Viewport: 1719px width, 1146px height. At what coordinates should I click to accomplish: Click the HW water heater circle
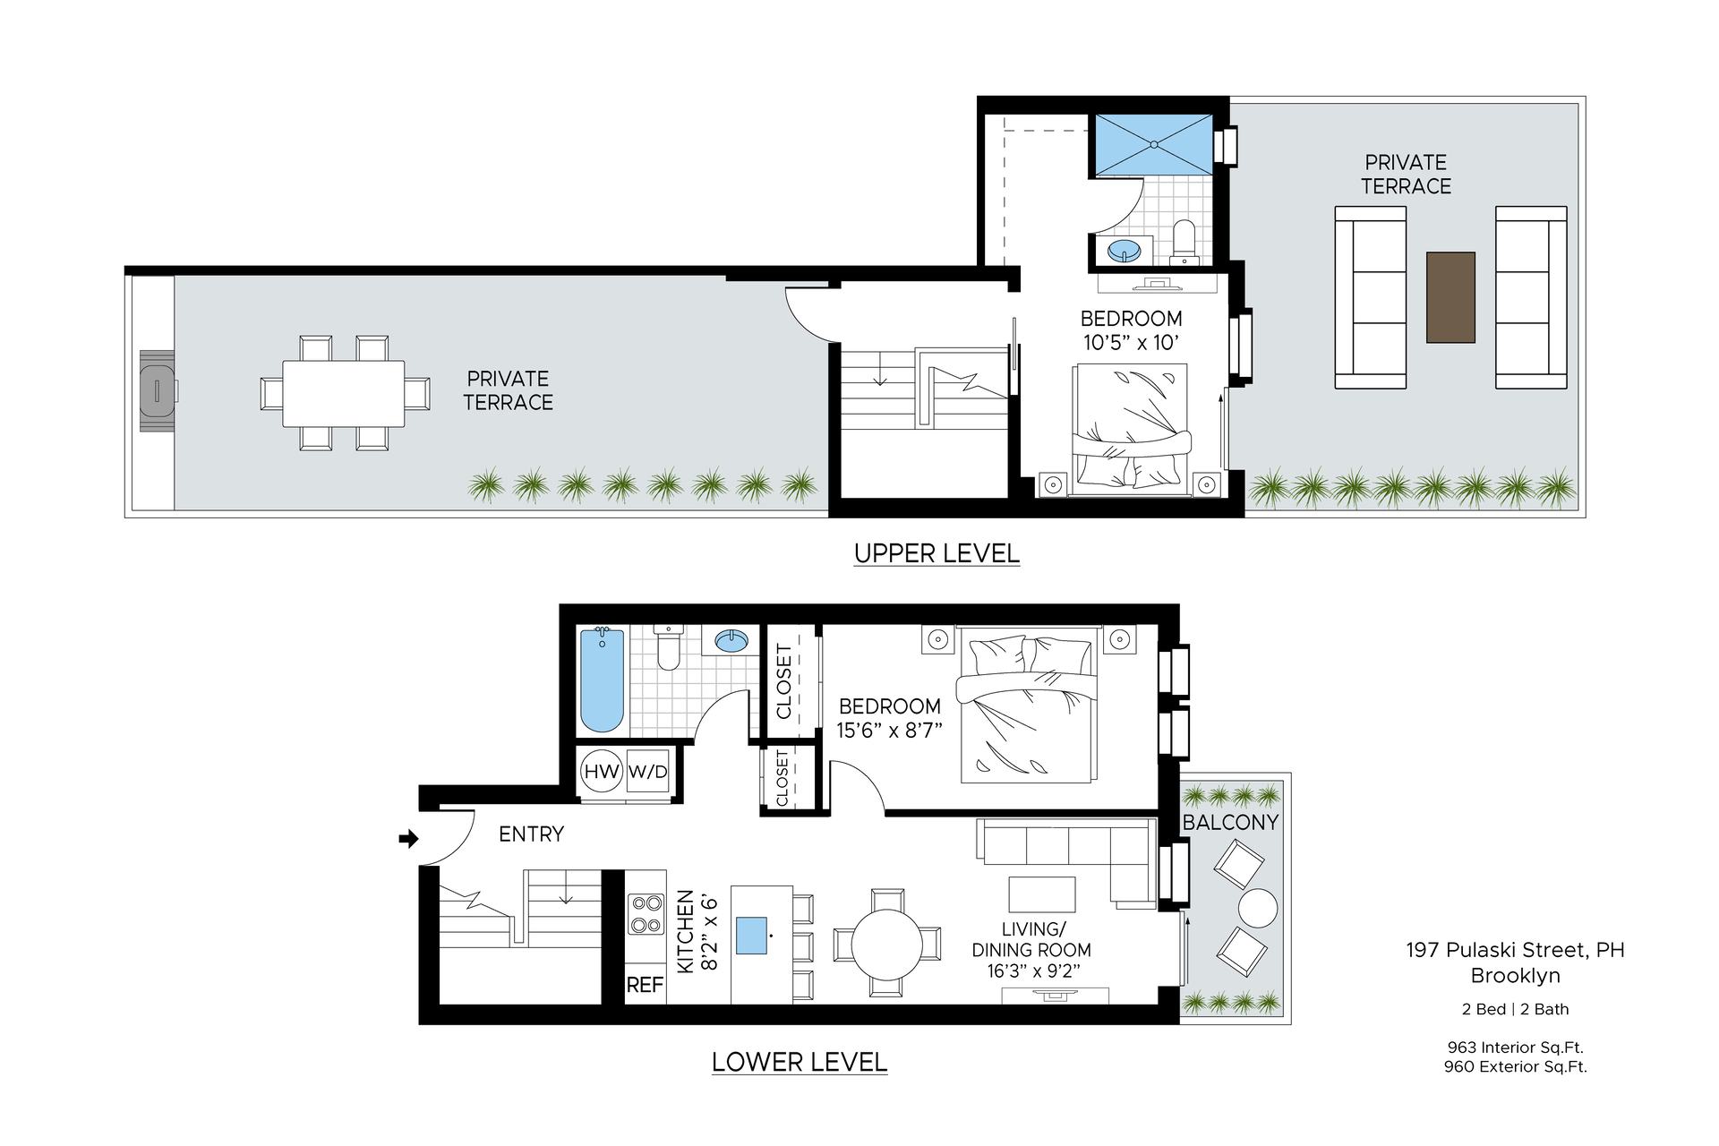click(602, 771)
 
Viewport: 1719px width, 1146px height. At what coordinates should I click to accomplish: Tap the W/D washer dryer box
click(648, 771)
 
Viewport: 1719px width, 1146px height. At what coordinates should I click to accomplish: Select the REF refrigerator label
click(645, 985)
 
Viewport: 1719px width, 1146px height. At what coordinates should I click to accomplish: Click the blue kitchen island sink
click(752, 935)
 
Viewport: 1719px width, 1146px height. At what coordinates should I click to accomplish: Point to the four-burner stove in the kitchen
click(646, 913)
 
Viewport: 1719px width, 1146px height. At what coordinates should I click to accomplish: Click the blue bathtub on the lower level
click(602, 680)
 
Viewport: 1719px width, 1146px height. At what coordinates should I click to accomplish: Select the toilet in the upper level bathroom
click(1184, 242)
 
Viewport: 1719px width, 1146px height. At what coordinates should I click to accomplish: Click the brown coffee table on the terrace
click(1450, 297)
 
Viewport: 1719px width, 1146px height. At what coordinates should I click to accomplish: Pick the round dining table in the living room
click(886, 944)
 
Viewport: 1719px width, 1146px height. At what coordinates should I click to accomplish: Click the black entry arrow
click(408, 839)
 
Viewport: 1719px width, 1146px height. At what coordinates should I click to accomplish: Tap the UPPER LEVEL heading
click(936, 553)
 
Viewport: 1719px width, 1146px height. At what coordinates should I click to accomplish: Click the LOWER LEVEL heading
click(800, 1062)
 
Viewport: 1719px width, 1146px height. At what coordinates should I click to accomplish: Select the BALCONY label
click(1230, 822)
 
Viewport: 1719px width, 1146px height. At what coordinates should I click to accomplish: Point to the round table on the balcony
click(1258, 908)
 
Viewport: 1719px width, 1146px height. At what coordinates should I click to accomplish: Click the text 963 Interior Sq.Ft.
click(1516, 1047)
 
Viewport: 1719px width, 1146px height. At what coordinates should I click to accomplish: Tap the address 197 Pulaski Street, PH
click(1516, 950)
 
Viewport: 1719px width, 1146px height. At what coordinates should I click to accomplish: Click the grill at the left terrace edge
click(158, 390)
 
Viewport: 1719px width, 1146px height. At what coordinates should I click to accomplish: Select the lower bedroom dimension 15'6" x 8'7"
click(890, 731)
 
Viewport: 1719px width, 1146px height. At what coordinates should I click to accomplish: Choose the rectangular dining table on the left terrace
click(344, 393)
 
